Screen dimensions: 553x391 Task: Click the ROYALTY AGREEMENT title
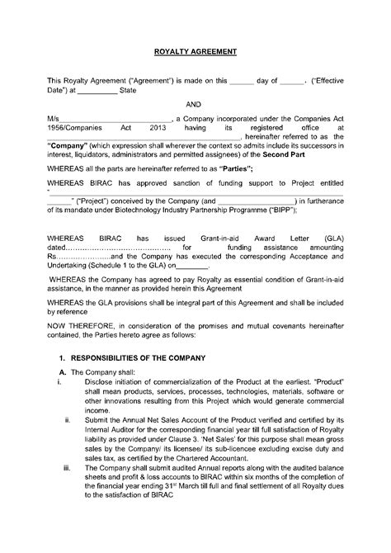tap(195, 51)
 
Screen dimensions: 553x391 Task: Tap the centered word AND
tap(195, 105)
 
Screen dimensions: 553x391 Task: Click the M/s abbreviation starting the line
tap(54, 119)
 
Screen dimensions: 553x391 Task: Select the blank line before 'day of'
tap(241, 81)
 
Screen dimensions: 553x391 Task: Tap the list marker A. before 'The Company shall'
tap(62, 371)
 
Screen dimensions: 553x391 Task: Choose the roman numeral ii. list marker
tap(67, 419)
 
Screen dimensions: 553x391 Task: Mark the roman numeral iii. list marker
tap(67, 468)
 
